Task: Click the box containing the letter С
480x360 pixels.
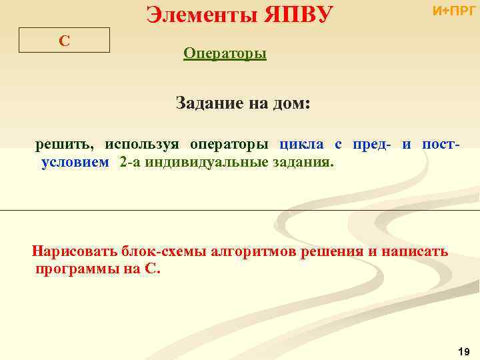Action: click(64, 41)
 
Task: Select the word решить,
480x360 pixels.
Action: click(65, 144)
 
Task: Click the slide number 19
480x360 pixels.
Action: click(465, 351)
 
